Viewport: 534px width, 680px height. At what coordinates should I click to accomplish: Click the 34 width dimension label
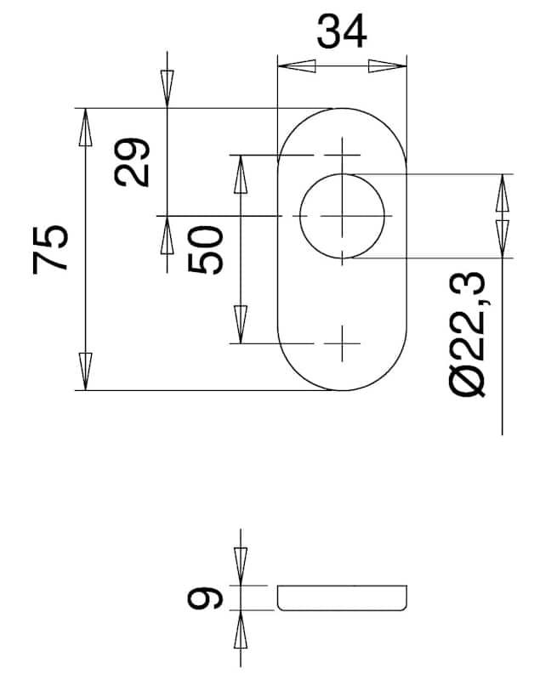pos(342,31)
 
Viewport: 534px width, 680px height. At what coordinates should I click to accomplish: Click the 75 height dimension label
pos(50,249)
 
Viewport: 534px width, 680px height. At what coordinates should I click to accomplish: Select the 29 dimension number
pos(132,162)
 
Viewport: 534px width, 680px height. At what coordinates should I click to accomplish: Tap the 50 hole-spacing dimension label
pos(206,249)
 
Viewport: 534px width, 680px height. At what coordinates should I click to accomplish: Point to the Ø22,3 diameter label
pos(467,334)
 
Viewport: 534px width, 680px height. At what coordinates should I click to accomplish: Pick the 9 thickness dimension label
pos(205,598)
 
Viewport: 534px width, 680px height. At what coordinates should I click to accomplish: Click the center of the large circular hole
pos(343,216)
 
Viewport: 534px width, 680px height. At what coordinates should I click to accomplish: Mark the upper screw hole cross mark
pos(343,155)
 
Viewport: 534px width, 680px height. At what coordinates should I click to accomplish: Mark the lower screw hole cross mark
pos(343,343)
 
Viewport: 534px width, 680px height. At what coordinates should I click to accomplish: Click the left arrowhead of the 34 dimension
pos(296,66)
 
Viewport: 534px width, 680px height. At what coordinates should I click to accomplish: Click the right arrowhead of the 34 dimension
pos(388,66)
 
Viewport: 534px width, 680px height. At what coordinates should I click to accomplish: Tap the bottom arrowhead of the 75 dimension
pos(86,371)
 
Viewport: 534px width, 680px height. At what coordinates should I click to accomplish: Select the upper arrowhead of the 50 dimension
pos(241,174)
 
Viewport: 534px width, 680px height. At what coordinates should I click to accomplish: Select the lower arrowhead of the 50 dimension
pos(241,325)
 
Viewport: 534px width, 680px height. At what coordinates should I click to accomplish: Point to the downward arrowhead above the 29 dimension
pos(167,88)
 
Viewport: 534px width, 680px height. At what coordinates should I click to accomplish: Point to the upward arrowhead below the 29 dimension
pos(167,235)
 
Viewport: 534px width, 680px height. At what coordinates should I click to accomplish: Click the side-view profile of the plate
pos(343,598)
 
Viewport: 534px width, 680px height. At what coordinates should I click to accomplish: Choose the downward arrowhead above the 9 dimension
pos(241,566)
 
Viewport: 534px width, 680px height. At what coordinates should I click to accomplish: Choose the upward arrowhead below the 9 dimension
pos(241,629)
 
